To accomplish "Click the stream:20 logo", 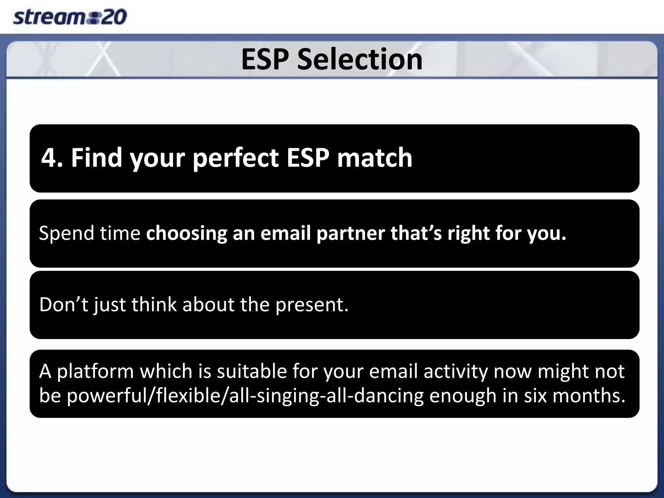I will pos(69,17).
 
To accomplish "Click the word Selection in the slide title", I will pos(360,59).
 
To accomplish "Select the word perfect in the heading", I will pos(235,158).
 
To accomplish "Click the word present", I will pos(312,305).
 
